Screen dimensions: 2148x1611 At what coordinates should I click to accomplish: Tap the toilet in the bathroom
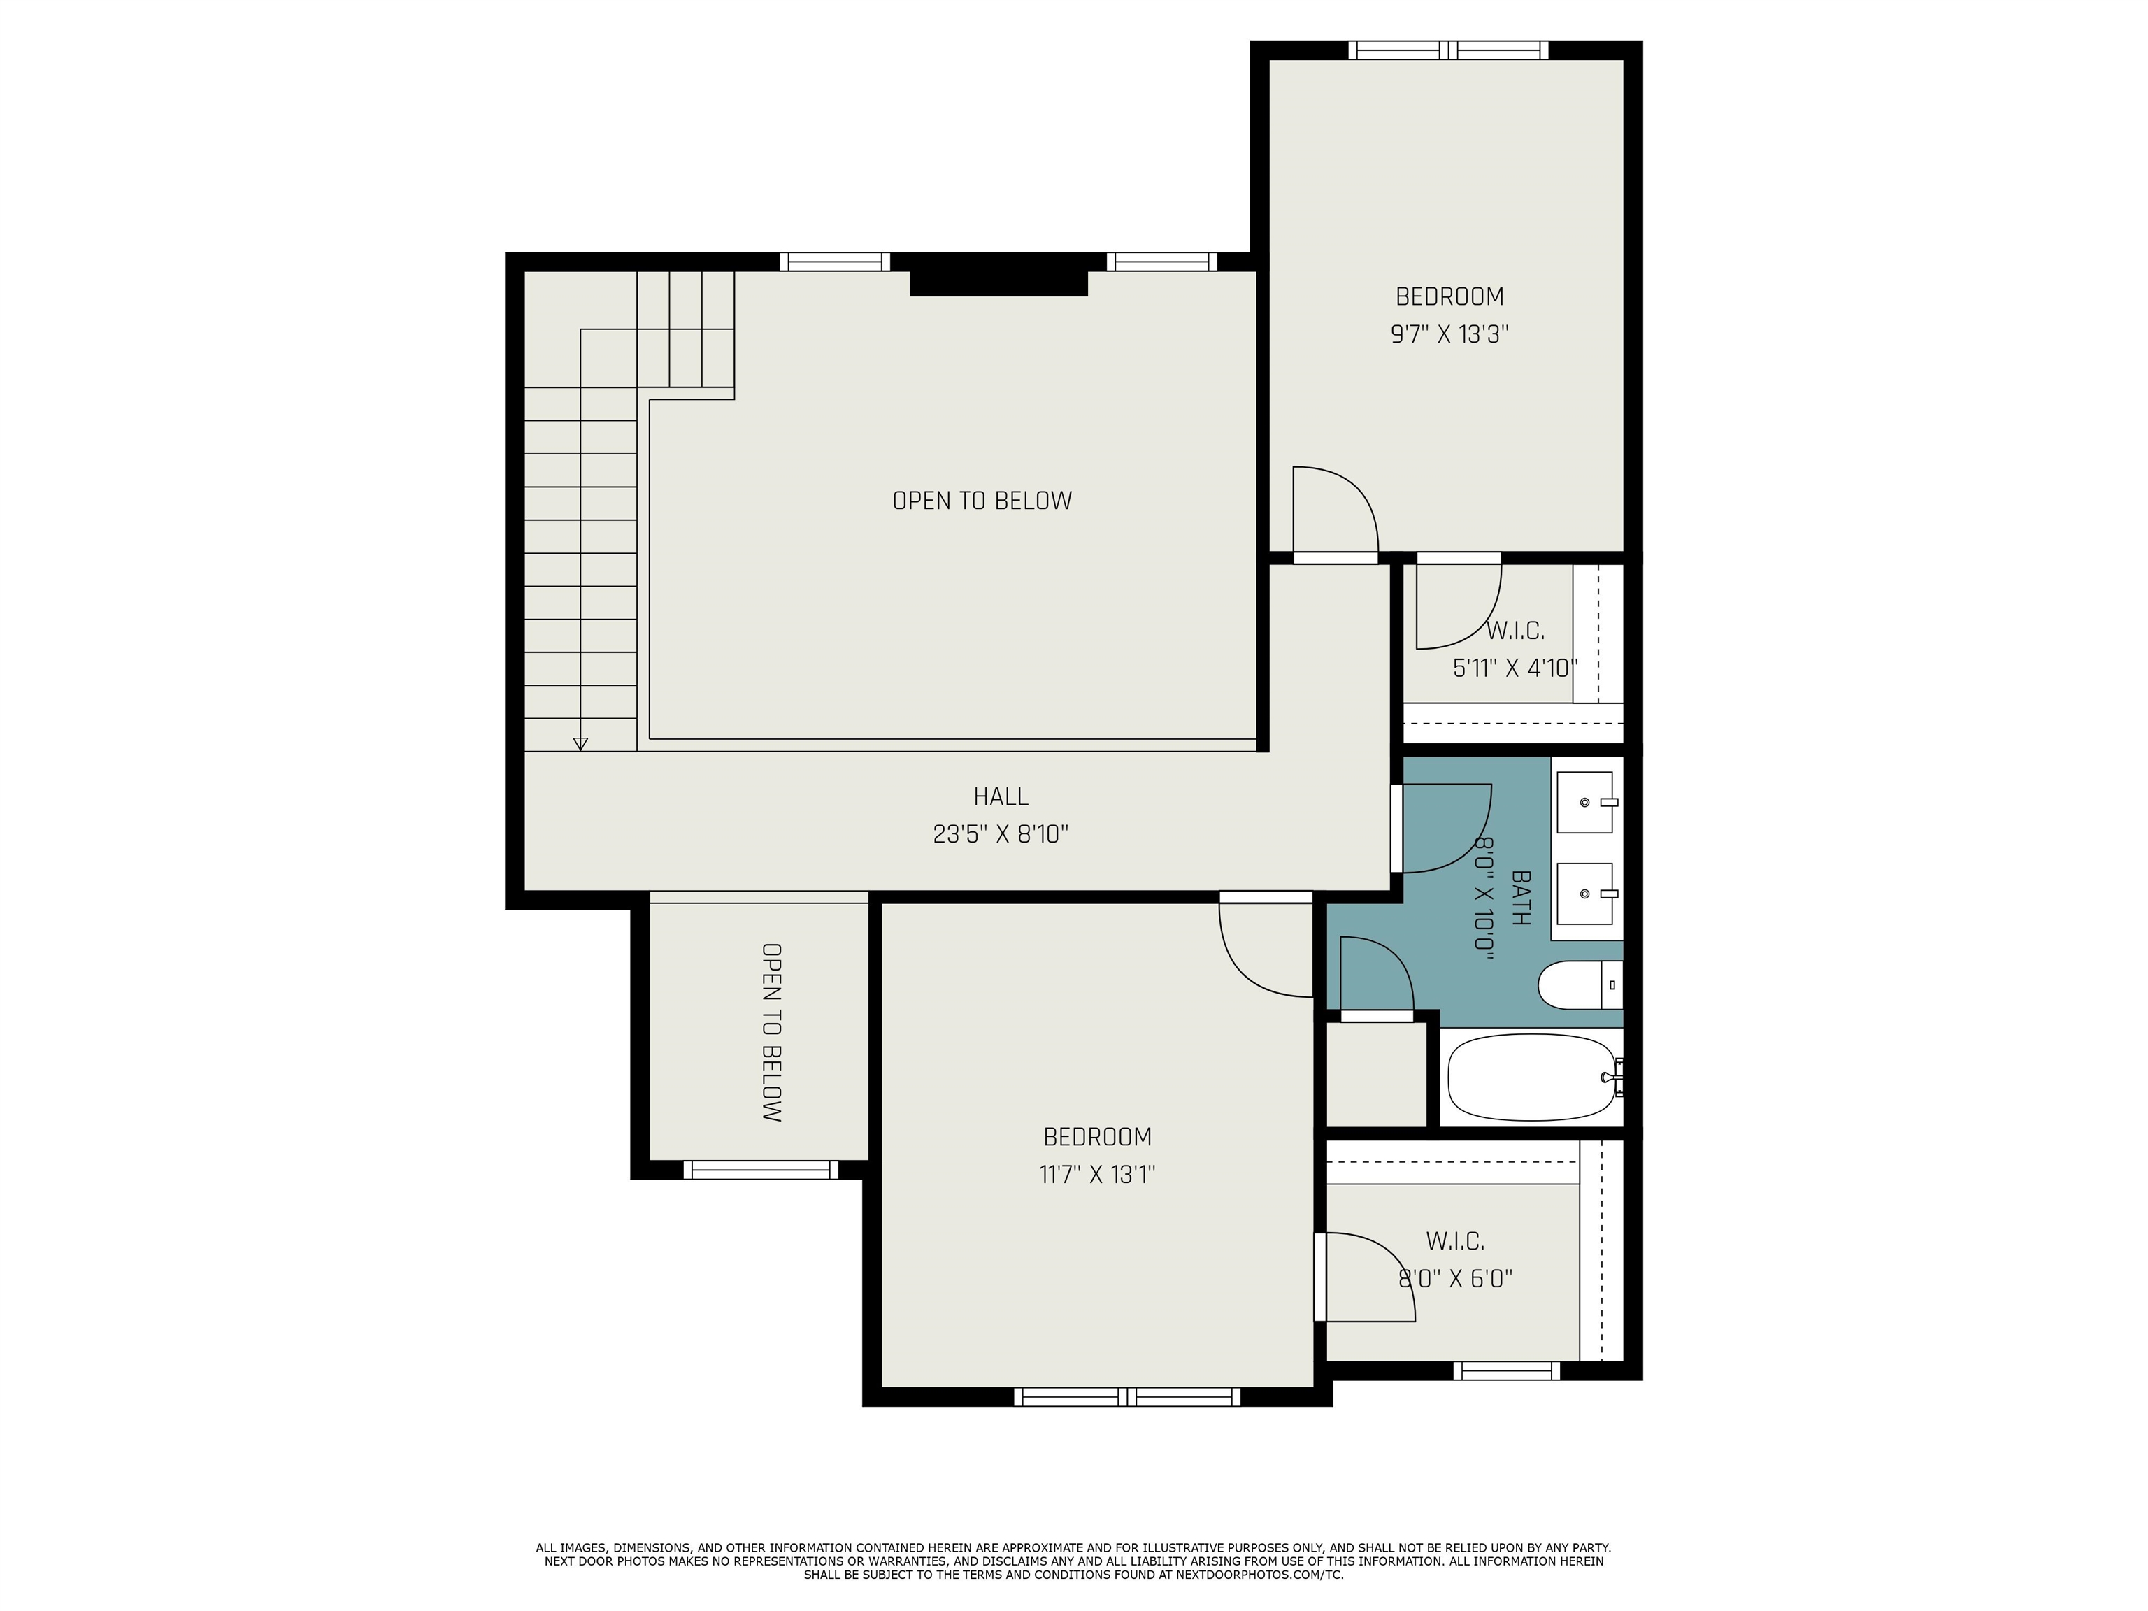pos(1580,984)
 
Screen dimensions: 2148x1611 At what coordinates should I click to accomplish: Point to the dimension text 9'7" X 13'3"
pos(1449,334)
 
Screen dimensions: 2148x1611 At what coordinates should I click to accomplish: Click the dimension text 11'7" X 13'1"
pos(1097,1174)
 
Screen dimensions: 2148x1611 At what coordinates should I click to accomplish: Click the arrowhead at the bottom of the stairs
pos(580,744)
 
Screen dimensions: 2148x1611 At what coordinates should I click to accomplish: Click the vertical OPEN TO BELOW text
pos(772,1032)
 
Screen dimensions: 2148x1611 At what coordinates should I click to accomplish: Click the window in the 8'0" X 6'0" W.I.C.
pos(1506,1370)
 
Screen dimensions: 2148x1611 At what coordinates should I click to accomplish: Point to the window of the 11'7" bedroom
pos(1127,1396)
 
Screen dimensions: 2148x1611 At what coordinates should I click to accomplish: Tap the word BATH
pos(1521,898)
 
